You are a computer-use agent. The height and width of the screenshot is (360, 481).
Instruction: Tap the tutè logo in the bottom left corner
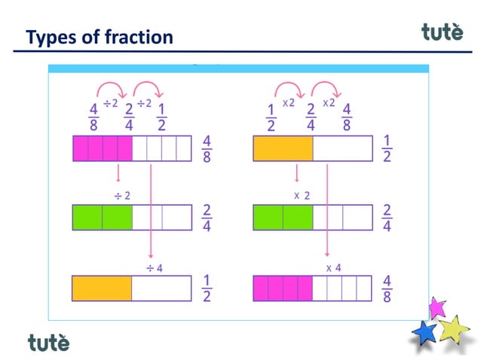pos(48,343)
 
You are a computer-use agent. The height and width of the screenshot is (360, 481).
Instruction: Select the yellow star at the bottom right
pos(453,329)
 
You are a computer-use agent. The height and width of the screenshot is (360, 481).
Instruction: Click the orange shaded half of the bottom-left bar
pos(102,288)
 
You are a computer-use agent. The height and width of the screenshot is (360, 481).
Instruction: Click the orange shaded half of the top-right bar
pos(283,148)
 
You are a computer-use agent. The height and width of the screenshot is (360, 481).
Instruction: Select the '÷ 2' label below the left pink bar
pos(121,195)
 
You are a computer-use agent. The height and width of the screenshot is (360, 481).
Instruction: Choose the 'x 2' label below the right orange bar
pos(302,195)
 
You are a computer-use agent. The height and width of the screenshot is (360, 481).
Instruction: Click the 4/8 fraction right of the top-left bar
pos(207,149)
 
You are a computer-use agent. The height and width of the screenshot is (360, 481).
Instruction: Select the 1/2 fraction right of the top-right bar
pos(387,149)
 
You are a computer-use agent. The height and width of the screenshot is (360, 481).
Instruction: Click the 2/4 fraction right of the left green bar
pos(207,217)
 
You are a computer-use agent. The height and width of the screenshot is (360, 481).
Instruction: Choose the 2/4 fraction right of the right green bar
pos(387,217)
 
